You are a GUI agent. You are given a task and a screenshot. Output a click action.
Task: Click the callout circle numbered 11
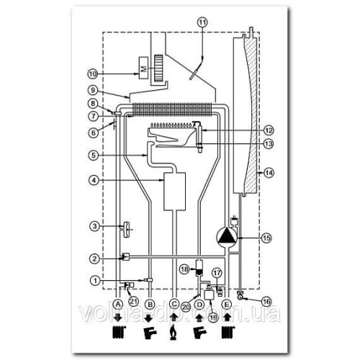(201, 22)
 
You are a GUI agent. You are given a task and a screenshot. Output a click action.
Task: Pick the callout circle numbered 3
(94, 228)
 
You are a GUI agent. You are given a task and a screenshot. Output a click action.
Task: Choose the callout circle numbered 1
(94, 281)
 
